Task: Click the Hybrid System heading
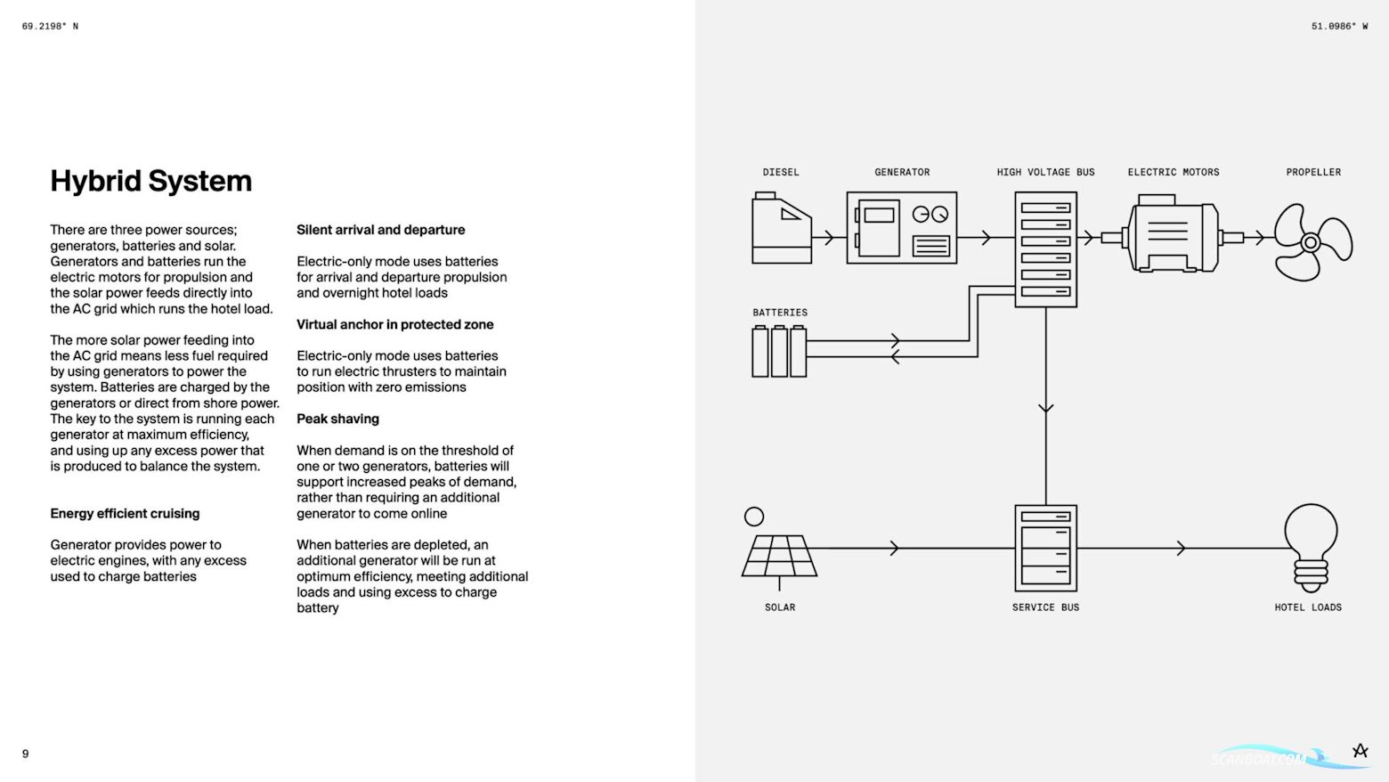(x=150, y=181)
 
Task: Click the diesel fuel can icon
(x=781, y=229)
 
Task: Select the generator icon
(x=901, y=227)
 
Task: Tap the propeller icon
(x=1312, y=241)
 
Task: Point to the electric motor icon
(x=1173, y=237)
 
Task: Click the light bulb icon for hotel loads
(x=1310, y=547)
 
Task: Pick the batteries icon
(x=779, y=351)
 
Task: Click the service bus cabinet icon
(x=1045, y=548)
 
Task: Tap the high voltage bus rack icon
(x=1045, y=249)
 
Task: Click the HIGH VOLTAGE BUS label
(x=1045, y=172)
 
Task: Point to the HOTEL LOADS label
(x=1307, y=607)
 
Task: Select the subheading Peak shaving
(x=337, y=419)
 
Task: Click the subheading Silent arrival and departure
(x=380, y=230)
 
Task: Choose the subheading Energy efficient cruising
(x=125, y=513)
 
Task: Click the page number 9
(x=25, y=753)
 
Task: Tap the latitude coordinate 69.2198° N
(x=50, y=27)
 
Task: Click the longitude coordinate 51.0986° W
(x=1339, y=27)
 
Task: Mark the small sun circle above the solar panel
(x=753, y=517)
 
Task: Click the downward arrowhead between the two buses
(x=1045, y=409)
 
